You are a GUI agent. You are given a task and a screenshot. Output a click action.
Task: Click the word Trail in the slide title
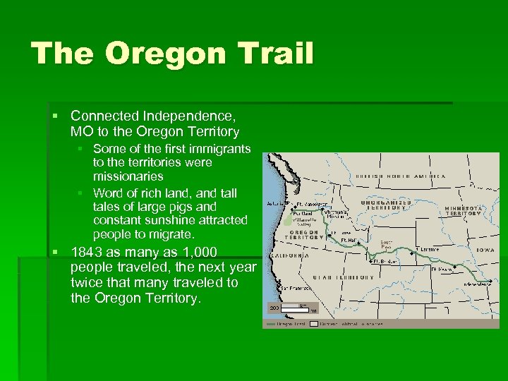click(277, 54)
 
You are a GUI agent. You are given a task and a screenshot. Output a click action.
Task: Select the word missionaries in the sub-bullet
click(128, 176)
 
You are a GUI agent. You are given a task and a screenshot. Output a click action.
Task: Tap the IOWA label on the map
click(485, 250)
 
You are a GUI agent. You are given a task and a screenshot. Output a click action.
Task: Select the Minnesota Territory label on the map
click(463, 212)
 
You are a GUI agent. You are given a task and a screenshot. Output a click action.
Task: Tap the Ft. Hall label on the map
click(349, 240)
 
